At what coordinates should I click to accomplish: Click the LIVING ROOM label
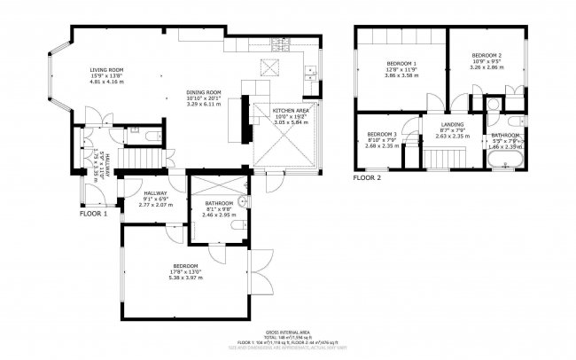[105, 69]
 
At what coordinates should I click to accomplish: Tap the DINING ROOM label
[202, 92]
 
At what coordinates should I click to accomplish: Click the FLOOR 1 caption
[93, 214]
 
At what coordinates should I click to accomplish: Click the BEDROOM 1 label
[401, 64]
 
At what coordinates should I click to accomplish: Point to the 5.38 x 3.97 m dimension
[186, 278]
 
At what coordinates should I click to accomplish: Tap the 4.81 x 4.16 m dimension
[105, 81]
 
